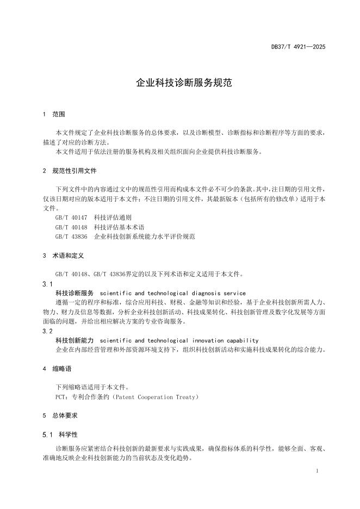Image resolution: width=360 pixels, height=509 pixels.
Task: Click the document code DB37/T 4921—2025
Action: point(298,47)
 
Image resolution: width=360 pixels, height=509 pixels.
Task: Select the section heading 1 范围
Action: point(53,115)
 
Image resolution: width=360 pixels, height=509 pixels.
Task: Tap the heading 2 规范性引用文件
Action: point(69,170)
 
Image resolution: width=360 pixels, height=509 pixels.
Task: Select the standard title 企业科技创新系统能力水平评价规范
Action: point(144,237)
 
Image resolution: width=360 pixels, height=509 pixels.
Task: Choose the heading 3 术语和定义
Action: point(63,255)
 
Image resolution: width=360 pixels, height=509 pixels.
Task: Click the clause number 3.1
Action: point(47,284)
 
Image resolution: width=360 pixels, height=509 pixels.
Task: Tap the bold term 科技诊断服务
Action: point(75,293)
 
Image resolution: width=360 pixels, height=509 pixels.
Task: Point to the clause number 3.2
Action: point(47,331)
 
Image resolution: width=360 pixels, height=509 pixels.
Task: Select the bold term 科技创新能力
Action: point(75,340)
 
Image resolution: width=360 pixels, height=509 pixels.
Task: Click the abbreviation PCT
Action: point(61,397)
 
